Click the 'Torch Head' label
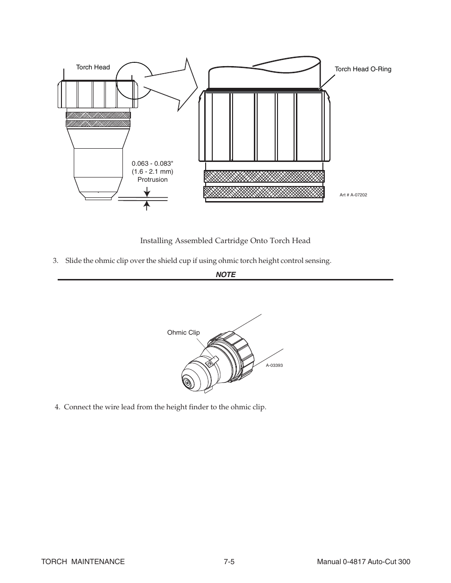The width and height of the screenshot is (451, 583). (x=93, y=68)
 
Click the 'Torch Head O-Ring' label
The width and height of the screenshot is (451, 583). (x=363, y=69)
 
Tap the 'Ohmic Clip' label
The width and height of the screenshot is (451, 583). (x=183, y=333)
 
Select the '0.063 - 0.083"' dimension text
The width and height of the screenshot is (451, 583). (x=152, y=164)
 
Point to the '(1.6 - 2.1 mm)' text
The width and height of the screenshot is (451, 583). (x=152, y=172)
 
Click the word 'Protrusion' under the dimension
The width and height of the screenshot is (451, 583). (x=152, y=179)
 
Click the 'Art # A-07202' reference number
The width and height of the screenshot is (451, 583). (x=353, y=194)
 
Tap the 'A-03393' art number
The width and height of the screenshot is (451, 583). (x=274, y=365)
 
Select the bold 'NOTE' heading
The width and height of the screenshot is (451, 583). (x=225, y=275)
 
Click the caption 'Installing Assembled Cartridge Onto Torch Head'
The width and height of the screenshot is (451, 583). (x=225, y=241)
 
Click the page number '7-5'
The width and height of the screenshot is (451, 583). (x=230, y=562)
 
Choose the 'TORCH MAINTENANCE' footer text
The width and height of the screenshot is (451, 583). (x=83, y=562)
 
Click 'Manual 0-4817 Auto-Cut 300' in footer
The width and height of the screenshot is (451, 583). (x=364, y=562)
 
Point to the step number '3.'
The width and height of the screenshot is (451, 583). (x=55, y=261)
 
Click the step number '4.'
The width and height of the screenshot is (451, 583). (x=57, y=407)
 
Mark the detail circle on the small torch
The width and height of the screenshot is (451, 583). (x=134, y=80)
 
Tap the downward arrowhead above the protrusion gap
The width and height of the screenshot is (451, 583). (x=147, y=193)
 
